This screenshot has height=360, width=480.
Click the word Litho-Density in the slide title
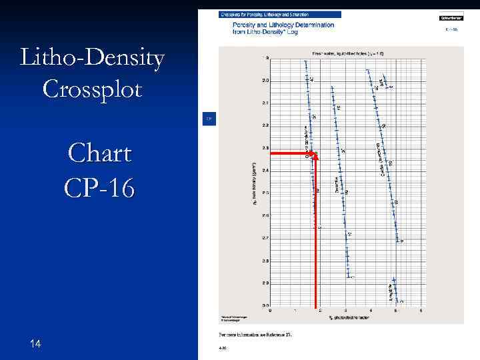(x=93, y=59)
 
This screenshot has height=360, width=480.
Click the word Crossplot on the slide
(x=93, y=88)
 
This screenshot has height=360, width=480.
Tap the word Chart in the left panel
(x=99, y=154)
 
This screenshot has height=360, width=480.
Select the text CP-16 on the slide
(x=99, y=187)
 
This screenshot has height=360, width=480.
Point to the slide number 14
(x=36, y=343)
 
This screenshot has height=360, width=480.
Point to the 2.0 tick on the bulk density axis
(x=265, y=81)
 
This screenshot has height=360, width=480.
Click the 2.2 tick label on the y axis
(x=265, y=125)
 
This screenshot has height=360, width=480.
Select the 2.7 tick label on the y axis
(x=265, y=238)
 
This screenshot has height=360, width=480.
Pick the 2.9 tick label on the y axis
(x=265, y=283)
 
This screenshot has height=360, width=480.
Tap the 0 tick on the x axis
(x=270, y=310)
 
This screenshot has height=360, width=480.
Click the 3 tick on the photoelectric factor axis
(x=345, y=310)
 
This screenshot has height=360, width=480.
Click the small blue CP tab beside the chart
(x=208, y=119)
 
